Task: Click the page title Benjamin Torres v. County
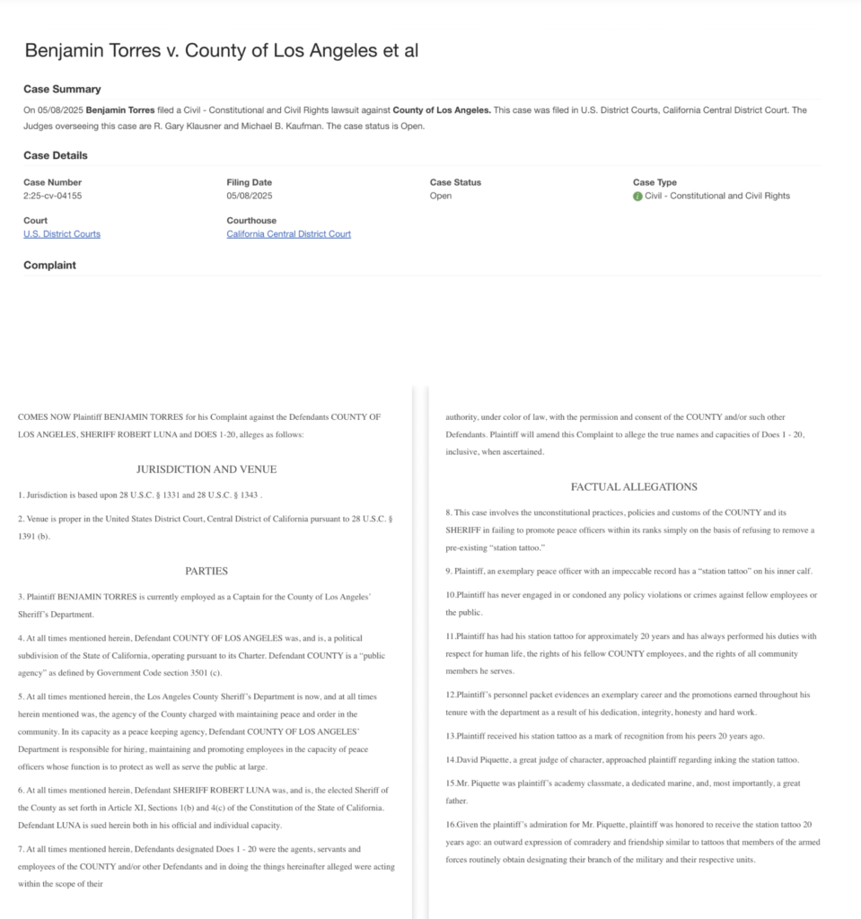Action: (221, 50)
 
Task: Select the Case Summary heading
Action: (62, 89)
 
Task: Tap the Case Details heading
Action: (56, 155)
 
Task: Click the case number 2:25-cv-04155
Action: (52, 196)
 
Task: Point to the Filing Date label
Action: (249, 182)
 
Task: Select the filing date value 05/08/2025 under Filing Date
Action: (249, 196)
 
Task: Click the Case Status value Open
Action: (440, 196)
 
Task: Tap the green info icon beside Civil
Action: (637, 196)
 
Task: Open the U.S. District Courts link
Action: (62, 234)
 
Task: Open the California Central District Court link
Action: (288, 234)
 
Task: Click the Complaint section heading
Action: (49, 265)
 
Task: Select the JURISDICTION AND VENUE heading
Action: (206, 469)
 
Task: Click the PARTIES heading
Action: (206, 571)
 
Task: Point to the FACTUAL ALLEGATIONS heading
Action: (634, 486)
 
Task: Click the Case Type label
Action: (655, 182)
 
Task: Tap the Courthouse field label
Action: (251, 221)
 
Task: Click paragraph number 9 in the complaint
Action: (449, 571)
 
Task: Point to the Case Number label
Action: (52, 182)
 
